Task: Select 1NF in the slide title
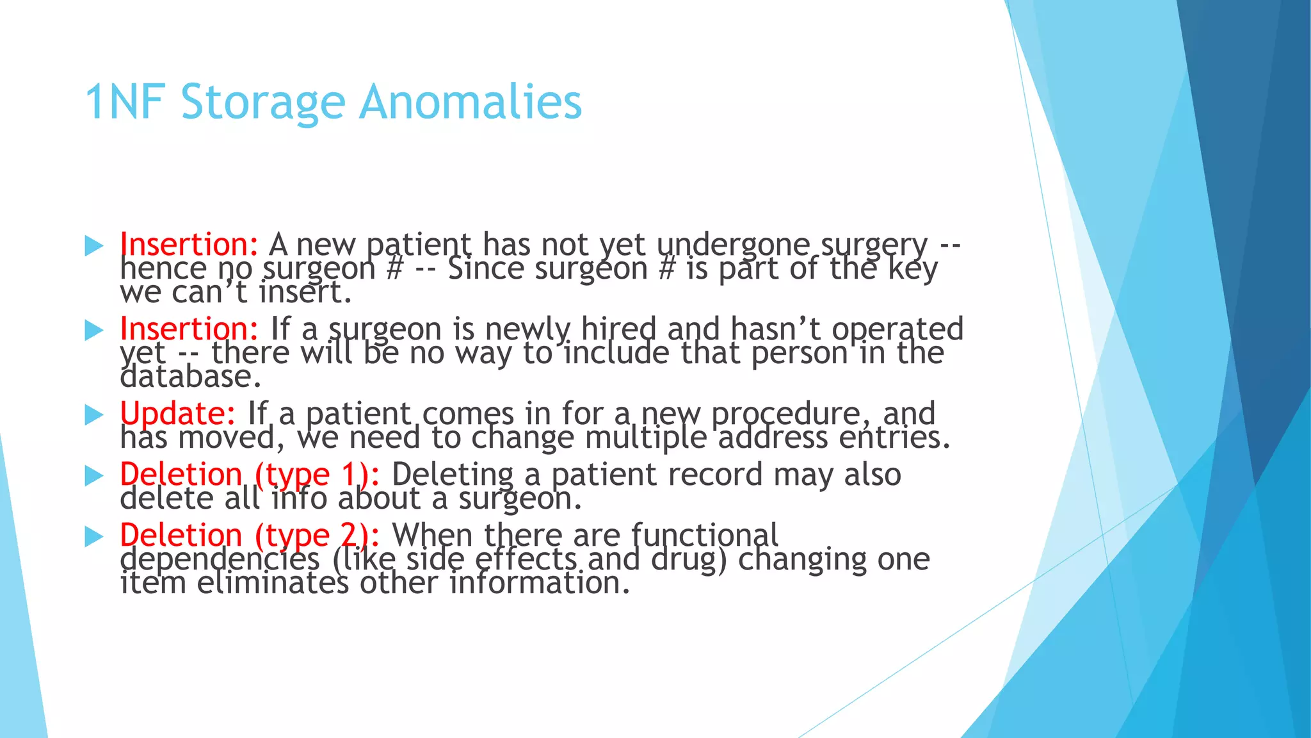[x=125, y=102]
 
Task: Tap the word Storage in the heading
[x=263, y=102]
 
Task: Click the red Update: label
[x=178, y=413]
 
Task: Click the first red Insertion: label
[x=189, y=245]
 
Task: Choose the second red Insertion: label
[x=189, y=329]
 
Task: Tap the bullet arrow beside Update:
[x=94, y=415]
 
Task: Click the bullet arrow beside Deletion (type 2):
[x=94, y=537]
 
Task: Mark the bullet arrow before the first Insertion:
[x=94, y=246]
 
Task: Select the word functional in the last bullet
[x=704, y=535]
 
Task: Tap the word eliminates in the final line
[x=273, y=583]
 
